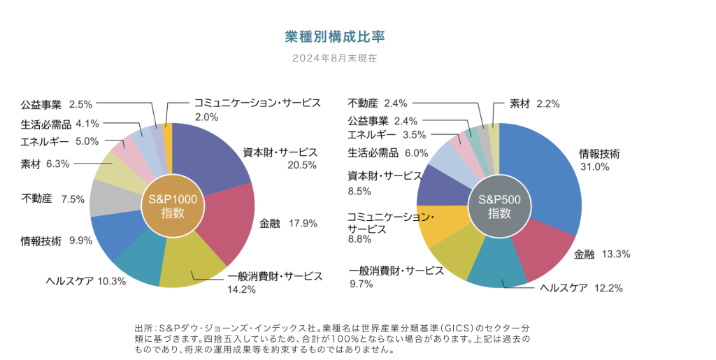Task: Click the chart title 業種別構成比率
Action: tap(335, 36)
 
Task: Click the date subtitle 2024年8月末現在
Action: tap(335, 58)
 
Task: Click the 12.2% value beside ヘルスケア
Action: tap(608, 288)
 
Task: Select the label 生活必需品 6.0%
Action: tap(387, 153)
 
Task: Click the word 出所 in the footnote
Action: tap(141, 327)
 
